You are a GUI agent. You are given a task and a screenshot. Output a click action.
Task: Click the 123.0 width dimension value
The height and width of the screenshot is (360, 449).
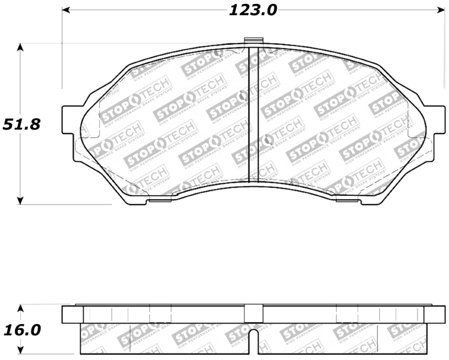point(253,10)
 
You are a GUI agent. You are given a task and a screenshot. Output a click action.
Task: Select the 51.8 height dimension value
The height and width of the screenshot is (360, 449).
point(21,124)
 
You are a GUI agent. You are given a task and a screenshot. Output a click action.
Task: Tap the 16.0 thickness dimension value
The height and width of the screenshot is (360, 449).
point(21,330)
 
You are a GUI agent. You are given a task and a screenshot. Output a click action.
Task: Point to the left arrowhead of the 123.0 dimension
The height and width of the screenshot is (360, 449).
point(65,10)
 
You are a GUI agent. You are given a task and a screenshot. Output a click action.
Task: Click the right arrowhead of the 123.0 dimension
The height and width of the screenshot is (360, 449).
point(440,10)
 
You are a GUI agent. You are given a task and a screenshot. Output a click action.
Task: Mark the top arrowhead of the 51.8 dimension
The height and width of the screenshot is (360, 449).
point(21,48)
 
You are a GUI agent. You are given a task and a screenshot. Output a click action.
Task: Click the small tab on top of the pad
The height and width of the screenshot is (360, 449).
point(254,41)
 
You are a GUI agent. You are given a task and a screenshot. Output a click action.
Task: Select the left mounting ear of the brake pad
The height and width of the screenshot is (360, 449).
point(68,119)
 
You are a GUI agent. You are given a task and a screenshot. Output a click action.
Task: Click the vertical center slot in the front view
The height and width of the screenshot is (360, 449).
point(253,115)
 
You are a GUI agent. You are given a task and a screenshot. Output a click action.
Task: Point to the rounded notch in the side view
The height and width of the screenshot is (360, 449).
point(254,341)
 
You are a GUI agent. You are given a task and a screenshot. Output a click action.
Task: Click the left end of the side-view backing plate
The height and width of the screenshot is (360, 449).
point(68,315)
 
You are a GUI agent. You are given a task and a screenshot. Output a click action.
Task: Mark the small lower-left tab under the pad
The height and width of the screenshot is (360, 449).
point(160,198)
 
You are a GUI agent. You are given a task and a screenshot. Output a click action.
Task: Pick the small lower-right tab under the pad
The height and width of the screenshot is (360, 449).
point(347,198)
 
